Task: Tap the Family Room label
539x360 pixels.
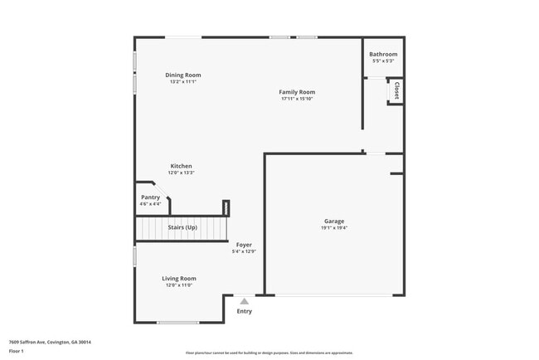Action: (x=296, y=92)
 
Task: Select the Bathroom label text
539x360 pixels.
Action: (x=383, y=55)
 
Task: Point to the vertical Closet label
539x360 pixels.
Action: (x=396, y=90)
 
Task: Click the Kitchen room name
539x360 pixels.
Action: (x=182, y=166)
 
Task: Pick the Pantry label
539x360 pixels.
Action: (x=150, y=197)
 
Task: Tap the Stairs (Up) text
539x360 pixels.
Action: (x=182, y=227)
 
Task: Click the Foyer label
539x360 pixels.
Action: (x=244, y=245)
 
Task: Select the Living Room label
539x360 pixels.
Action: (x=178, y=278)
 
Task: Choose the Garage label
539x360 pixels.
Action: (x=334, y=221)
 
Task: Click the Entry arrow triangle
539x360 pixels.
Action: (x=244, y=302)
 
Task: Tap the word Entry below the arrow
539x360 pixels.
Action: (x=244, y=312)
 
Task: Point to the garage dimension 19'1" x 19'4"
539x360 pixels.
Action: (x=334, y=228)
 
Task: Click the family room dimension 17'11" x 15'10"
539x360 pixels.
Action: (x=296, y=99)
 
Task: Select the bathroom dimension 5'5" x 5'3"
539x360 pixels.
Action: (x=383, y=61)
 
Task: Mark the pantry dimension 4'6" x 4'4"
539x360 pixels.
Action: (x=150, y=203)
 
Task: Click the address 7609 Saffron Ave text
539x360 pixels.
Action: (x=50, y=342)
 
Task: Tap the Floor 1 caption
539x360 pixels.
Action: (x=17, y=352)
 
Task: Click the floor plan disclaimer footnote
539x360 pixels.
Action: (x=269, y=353)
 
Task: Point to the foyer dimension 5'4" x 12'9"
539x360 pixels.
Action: (x=244, y=251)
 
